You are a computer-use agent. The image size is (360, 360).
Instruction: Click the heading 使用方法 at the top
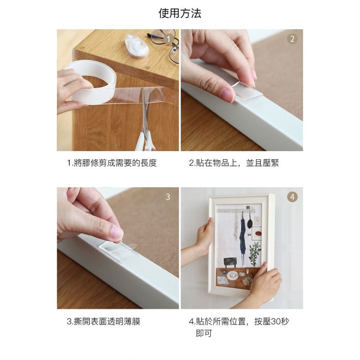[180, 13]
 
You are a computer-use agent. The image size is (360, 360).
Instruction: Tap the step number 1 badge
[168, 39]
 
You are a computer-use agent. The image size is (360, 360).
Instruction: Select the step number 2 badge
[292, 39]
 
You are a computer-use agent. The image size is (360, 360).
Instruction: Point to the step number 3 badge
[168, 197]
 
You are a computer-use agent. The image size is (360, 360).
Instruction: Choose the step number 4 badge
[292, 197]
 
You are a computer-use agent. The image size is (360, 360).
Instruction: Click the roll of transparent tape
[92, 81]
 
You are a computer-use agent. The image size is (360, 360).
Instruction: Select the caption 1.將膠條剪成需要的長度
[112, 163]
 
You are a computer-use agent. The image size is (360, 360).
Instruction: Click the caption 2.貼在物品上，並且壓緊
[234, 163]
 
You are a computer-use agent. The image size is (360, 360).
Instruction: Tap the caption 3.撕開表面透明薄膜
[103, 321]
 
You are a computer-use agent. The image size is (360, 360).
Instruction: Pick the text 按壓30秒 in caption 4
[272, 321]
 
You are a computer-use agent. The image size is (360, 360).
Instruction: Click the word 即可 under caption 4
[204, 333]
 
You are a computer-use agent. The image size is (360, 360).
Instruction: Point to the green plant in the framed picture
[255, 254]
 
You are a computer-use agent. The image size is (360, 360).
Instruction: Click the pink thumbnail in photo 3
[117, 233]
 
